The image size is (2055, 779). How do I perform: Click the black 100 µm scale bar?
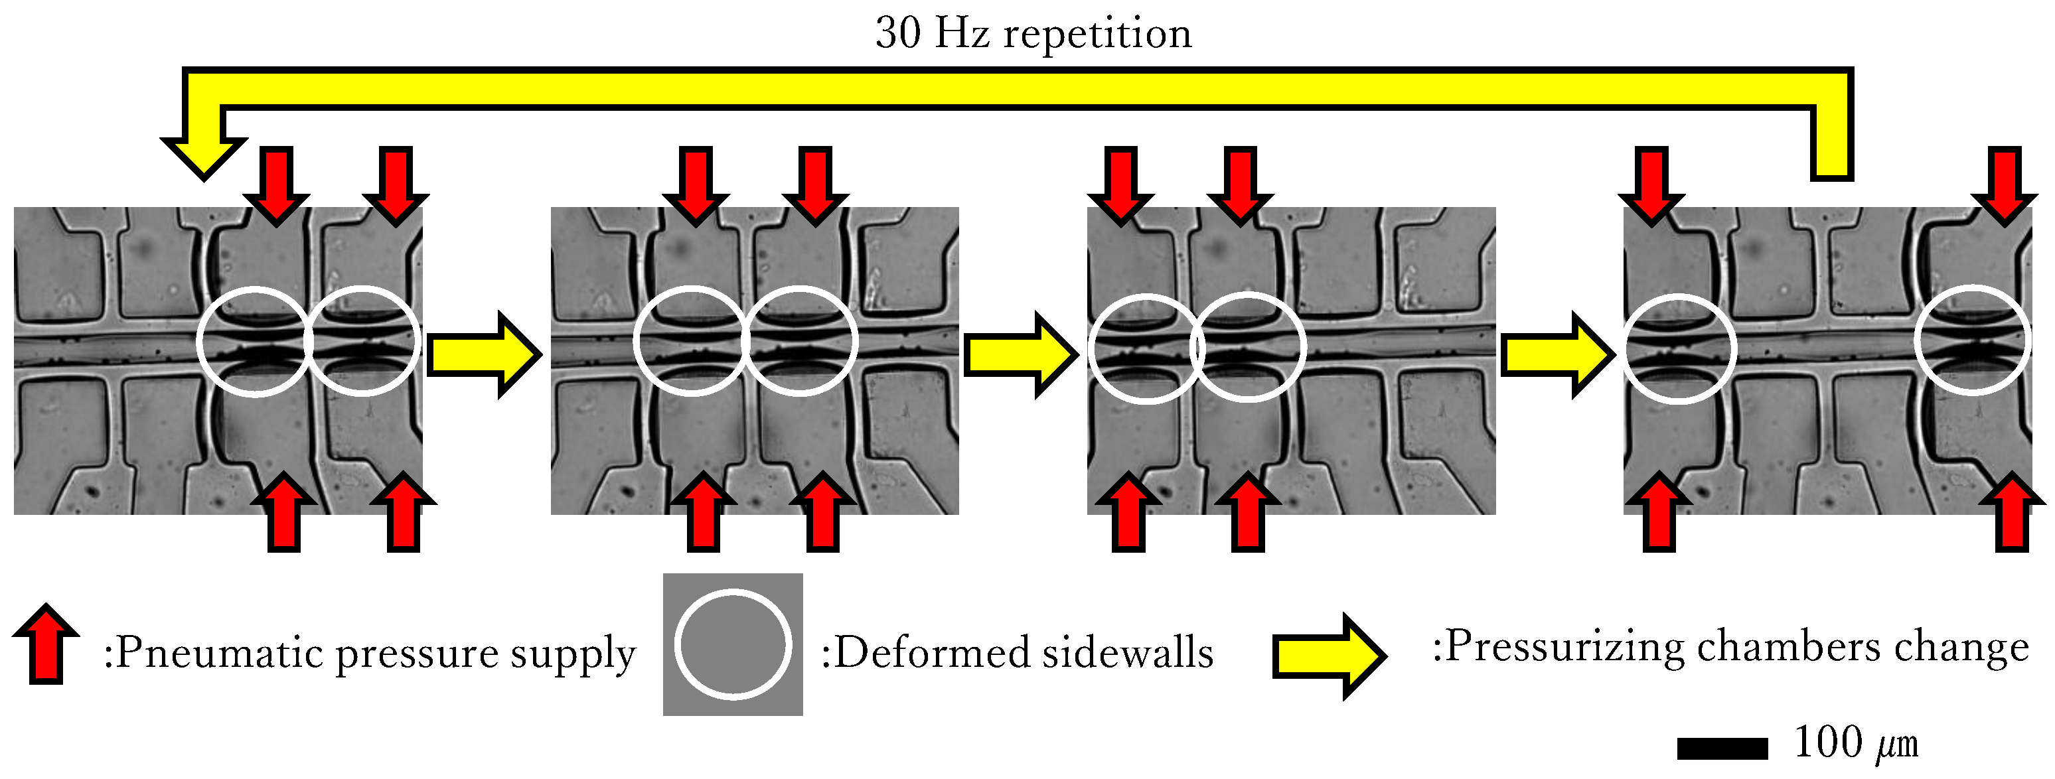[1722, 748]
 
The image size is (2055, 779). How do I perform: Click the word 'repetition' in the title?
[1097, 33]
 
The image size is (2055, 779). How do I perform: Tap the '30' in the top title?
[898, 33]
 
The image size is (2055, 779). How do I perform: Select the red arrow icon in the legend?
[46, 643]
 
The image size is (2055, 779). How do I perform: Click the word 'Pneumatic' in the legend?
[216, 652]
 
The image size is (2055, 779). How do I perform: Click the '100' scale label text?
[1827, 743]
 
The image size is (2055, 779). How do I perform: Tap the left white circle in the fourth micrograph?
[1680, 348]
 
